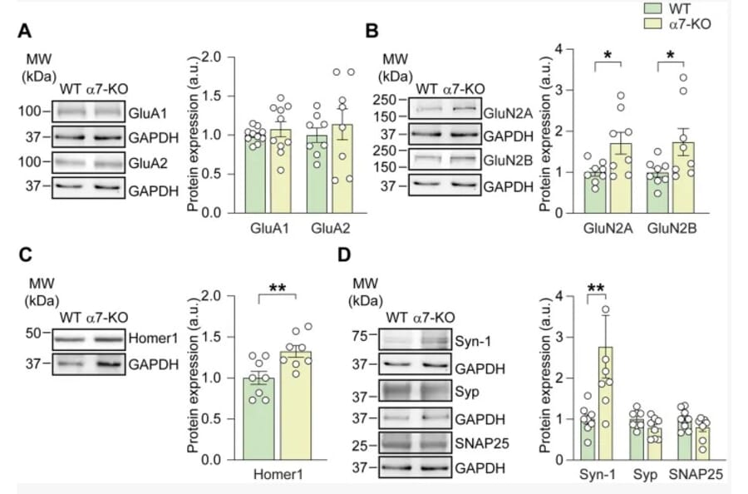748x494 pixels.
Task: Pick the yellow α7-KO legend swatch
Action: coord(653,25)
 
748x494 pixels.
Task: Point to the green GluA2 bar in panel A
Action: coord(316,175)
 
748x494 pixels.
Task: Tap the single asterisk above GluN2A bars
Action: coord(608,57)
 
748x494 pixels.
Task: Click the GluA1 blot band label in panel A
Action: coord(145,109)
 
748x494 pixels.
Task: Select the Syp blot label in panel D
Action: coord(466,392)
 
